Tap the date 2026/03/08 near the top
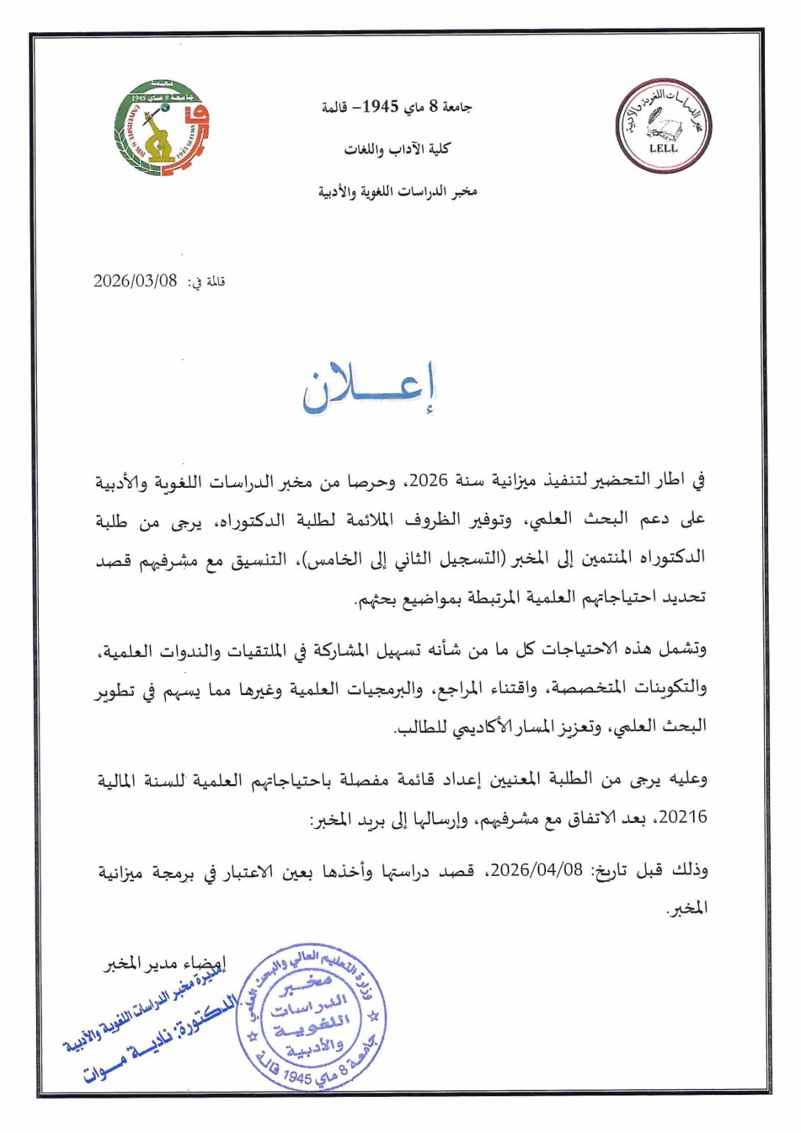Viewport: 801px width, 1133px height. point(136,281)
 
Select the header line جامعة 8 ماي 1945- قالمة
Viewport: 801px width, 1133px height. point(397,107)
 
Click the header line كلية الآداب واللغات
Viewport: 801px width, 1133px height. point(397,149)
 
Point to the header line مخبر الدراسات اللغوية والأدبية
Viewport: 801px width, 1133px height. point(397,192)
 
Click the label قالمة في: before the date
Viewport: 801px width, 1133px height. point(206,282)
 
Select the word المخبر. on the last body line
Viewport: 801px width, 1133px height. point(686,908)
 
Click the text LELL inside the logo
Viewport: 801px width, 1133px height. point(664,148)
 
